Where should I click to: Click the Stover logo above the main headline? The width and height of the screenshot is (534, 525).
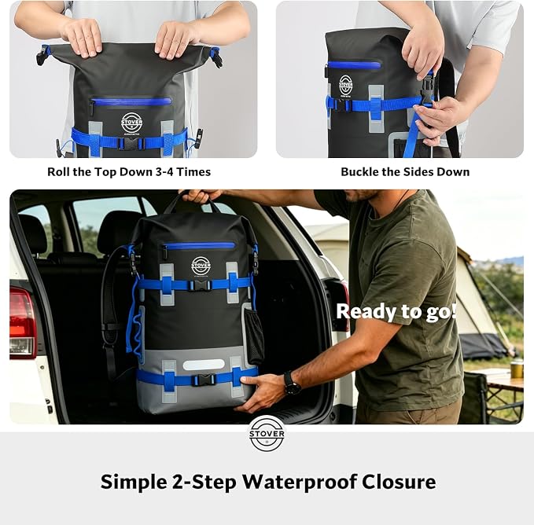(267, 434)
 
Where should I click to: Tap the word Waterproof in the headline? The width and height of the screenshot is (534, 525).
(298, 482)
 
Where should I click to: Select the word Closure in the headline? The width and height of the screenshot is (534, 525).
(399, 482)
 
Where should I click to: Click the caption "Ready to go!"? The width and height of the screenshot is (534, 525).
(396, 311)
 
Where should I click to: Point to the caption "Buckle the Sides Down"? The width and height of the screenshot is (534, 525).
(405, 172)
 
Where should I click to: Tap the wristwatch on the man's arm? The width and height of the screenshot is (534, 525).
(291, 384)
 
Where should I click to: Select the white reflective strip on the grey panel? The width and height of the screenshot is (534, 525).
(204, 365)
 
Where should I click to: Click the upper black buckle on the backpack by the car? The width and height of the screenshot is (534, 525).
(201, 285)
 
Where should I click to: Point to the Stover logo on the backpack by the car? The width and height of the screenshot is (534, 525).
(201, 266)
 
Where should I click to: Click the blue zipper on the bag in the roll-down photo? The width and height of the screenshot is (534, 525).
(131, 101)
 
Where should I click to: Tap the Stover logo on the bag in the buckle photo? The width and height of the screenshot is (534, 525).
(345, 85)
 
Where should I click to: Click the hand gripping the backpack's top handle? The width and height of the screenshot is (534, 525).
(201, 196)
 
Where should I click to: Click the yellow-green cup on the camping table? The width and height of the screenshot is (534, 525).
(517, 368)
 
